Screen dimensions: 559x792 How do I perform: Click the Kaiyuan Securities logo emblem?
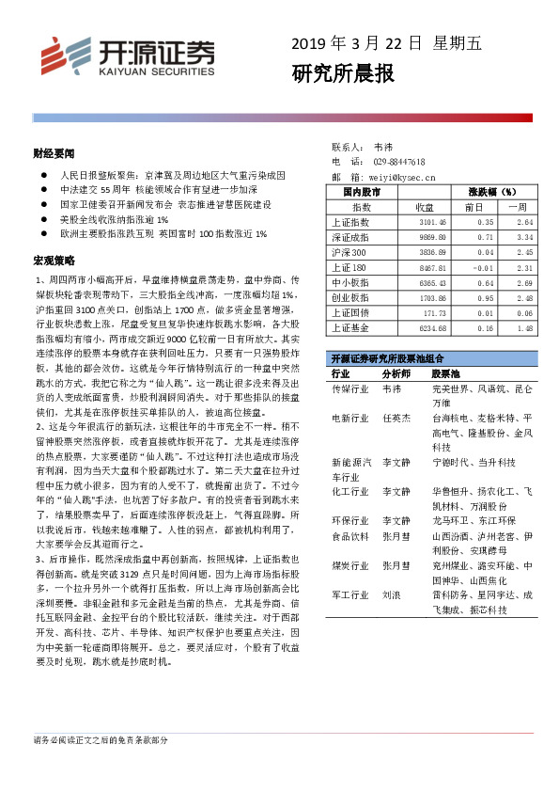(55, 54)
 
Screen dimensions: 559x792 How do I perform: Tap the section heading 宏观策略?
(53, 259)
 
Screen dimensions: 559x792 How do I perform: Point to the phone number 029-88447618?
(399, 162)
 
